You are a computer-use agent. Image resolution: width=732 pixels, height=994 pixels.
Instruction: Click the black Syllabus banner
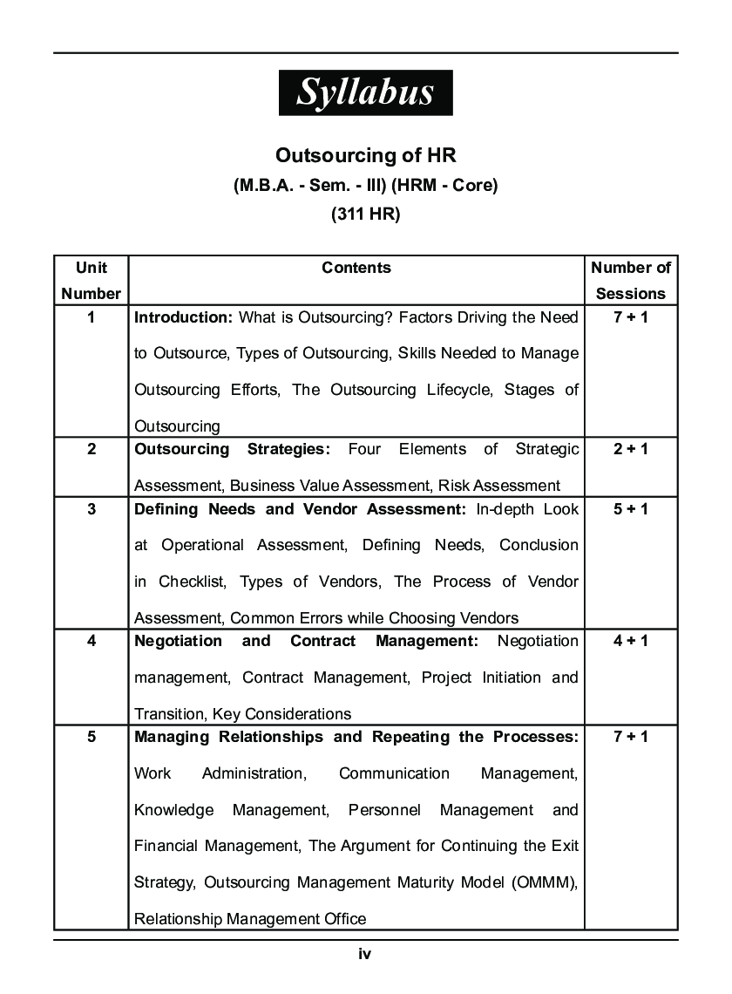click(x=365, y=92)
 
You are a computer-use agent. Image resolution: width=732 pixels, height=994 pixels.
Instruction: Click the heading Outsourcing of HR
click(x=365, y=155)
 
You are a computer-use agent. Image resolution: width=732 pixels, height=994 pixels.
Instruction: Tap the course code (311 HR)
click(x=365, y=215)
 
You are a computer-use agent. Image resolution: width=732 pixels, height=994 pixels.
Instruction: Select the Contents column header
click(x=356, y=269)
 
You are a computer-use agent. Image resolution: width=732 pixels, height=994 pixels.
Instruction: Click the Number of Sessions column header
click(x=631, y=281)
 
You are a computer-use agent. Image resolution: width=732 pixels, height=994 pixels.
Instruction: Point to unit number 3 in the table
click(x=91, y=509)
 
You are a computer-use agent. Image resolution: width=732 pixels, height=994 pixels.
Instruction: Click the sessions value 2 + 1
click(x=631, y=449)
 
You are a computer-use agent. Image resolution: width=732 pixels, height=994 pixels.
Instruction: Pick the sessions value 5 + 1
click(x=631, y=509)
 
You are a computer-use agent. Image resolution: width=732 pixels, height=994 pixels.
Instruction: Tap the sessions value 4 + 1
click(x=631, y=641)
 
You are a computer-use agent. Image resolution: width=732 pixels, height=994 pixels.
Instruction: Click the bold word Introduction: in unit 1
click(x=183, y=317)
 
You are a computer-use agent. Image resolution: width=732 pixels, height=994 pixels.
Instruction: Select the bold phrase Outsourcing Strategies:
click(x=232, y=449)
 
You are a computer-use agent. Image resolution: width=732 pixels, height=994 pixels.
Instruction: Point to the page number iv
click(x=365, y=955)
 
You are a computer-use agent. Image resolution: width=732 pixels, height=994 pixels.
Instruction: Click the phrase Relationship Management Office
click(x=250, y=919)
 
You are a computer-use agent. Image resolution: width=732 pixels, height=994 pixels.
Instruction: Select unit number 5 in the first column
click(x=91, y=737)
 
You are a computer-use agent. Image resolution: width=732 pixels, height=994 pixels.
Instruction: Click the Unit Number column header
click(x=91, y=281)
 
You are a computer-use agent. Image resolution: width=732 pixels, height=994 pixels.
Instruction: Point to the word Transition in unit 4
click(x=169, y=714)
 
